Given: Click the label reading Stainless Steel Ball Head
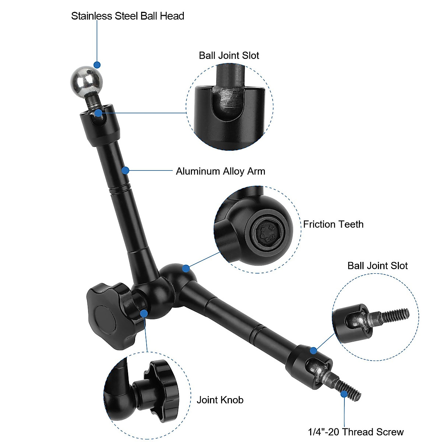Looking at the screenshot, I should [x=127, y=16].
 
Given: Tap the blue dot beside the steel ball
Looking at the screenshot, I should [x=97, y=65].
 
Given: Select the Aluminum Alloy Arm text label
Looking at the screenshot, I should [x=220, y=171].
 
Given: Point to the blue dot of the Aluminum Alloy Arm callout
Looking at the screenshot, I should [x=125, y=171].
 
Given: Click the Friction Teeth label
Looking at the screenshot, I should [x=333, y=224].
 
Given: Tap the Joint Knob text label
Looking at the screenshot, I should [x=220, y=400].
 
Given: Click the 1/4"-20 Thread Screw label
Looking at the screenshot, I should [x=356, y=432].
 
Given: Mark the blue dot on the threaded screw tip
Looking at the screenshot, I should [x=344, y=394].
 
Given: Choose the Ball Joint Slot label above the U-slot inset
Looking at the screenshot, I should [x=229, y=56].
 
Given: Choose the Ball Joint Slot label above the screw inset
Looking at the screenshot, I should [x=378, y=266].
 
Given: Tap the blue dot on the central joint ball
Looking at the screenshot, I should [x=186, y=268].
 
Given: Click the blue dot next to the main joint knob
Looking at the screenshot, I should [x=144, y=313].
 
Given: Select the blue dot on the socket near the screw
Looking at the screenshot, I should [x=313, y=350].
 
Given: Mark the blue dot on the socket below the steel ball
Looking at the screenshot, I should [x=98, y=113].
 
